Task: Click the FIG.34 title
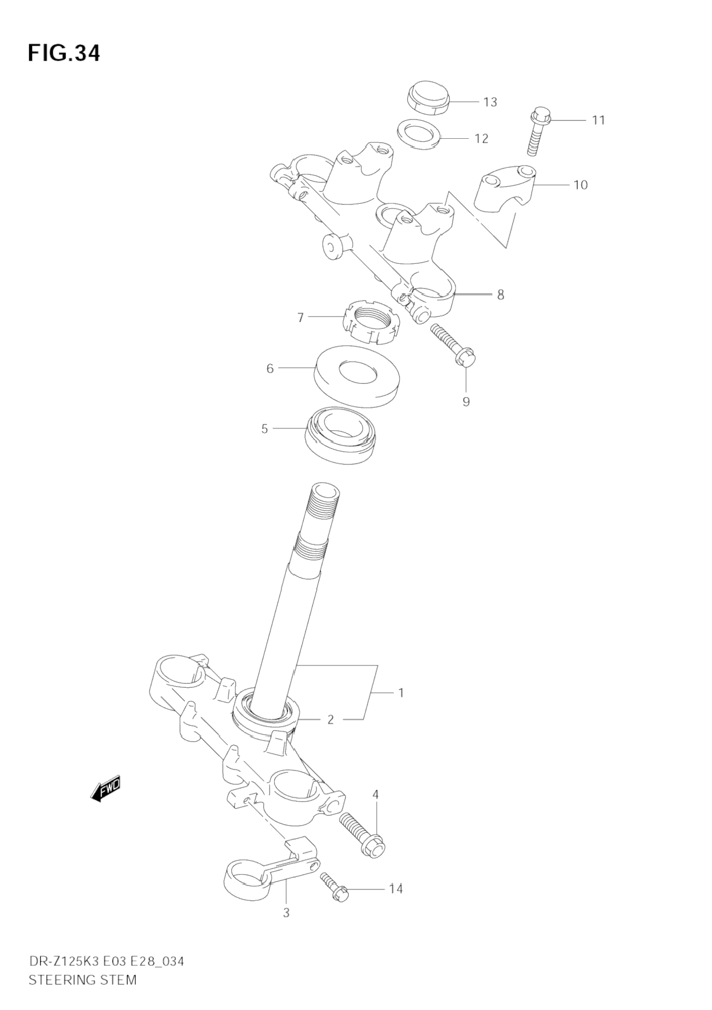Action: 63,53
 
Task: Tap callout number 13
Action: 490,102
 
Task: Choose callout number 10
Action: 580,185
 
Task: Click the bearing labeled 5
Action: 341,434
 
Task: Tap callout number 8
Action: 500,295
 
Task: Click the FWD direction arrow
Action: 106,789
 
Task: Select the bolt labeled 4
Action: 363,834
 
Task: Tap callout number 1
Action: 401,693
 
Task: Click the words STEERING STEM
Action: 82,980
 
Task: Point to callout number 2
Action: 330,720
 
